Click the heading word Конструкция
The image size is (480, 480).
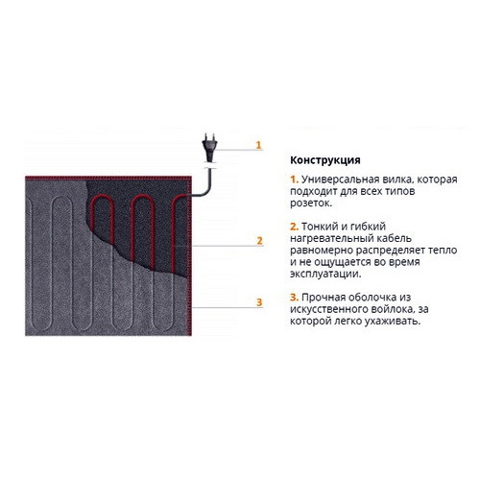325,160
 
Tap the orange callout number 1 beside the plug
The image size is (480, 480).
258,145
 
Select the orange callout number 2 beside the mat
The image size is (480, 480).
259,241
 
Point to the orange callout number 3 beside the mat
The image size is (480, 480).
259,302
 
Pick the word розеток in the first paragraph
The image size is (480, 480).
311,204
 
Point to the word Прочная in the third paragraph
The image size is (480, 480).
323,298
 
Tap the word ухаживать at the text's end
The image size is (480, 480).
393,322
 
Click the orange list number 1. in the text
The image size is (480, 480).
295,180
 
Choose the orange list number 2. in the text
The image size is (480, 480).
295,227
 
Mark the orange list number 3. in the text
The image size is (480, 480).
295,298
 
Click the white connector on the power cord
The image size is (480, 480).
209,167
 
